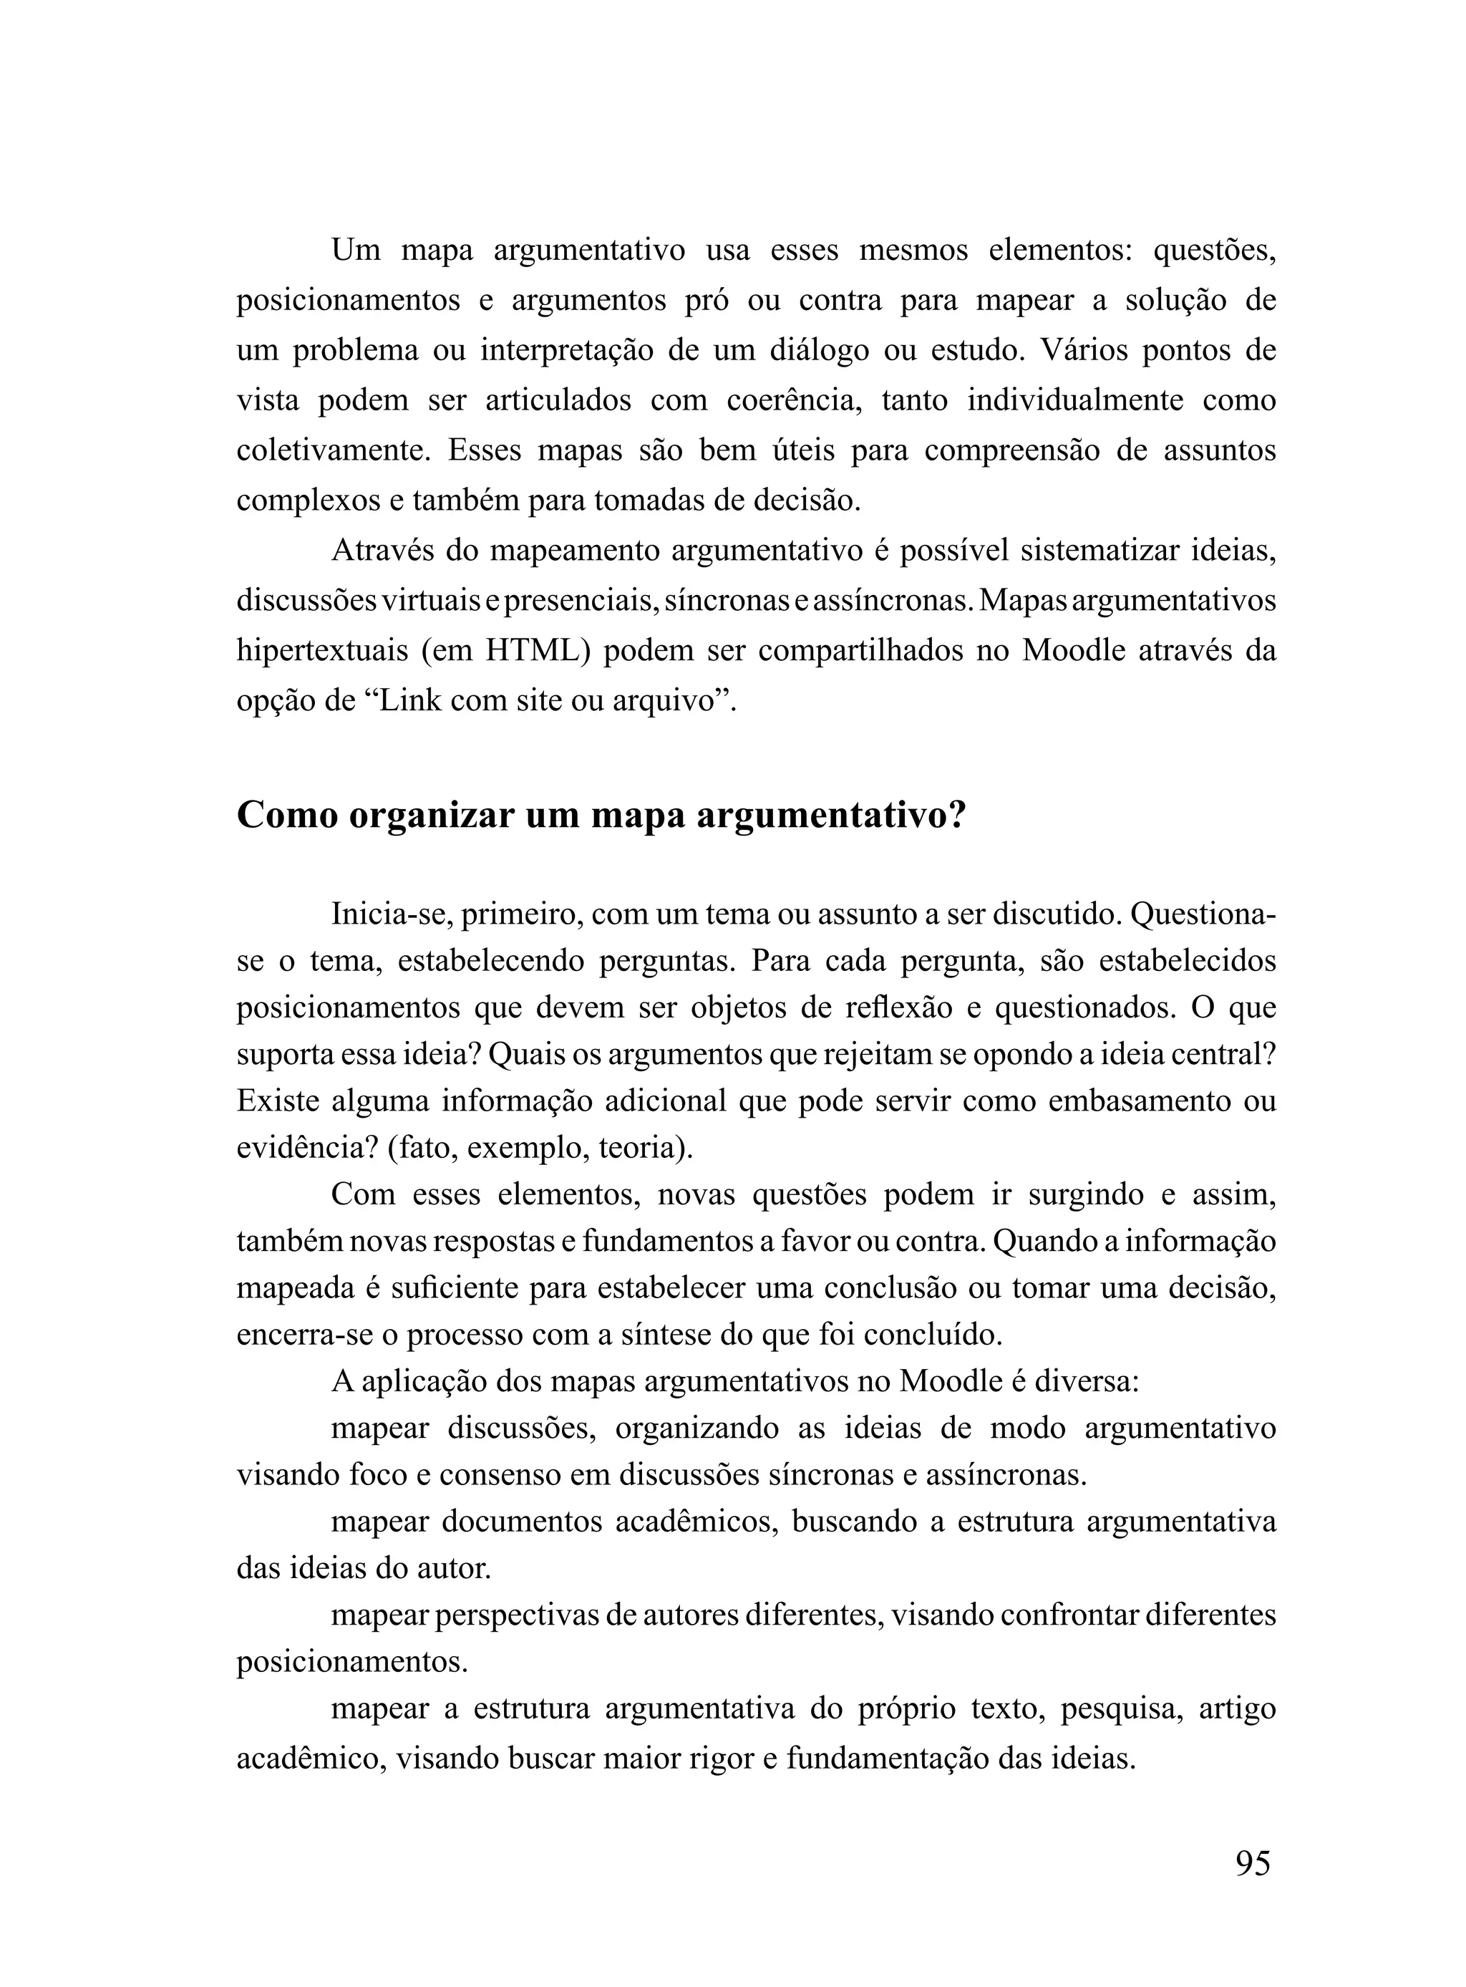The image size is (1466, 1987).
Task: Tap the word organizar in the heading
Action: (x=430, y=816)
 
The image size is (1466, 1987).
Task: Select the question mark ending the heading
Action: (x=956, y=816)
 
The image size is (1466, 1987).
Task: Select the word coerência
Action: (x=793, y=400)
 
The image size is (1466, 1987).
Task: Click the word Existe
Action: (x=276, y=1101)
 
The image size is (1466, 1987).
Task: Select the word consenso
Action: (x=497, y=1475)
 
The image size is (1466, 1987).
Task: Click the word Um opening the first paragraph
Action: (x=355, y=251)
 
